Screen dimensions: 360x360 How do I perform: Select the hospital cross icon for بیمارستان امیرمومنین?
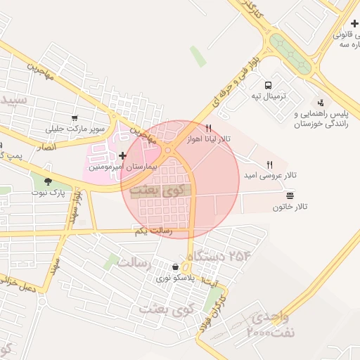pyautogui.click(x=123, y=155)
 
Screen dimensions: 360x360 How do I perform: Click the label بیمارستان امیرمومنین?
pyautogui.click(x=115, y=169)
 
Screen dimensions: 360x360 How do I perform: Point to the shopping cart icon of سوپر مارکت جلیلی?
pyautogui.click(x=75, y=117)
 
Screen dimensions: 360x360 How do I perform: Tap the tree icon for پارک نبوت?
pyautogui.click(x=48, y=181)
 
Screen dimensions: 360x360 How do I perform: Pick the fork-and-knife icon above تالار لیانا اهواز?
pyautogui.click(x=208, y=128)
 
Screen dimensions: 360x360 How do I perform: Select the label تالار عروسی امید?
pyautogui.click(x=270, y=175)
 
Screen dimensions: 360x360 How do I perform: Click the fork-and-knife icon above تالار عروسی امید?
pyautogui.click(x=270, y=165)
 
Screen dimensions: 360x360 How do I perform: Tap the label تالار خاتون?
pyautogui.click(x=290, y=207)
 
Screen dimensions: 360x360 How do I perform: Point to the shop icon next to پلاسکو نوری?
pyautogui.click(x=175, y=267)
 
